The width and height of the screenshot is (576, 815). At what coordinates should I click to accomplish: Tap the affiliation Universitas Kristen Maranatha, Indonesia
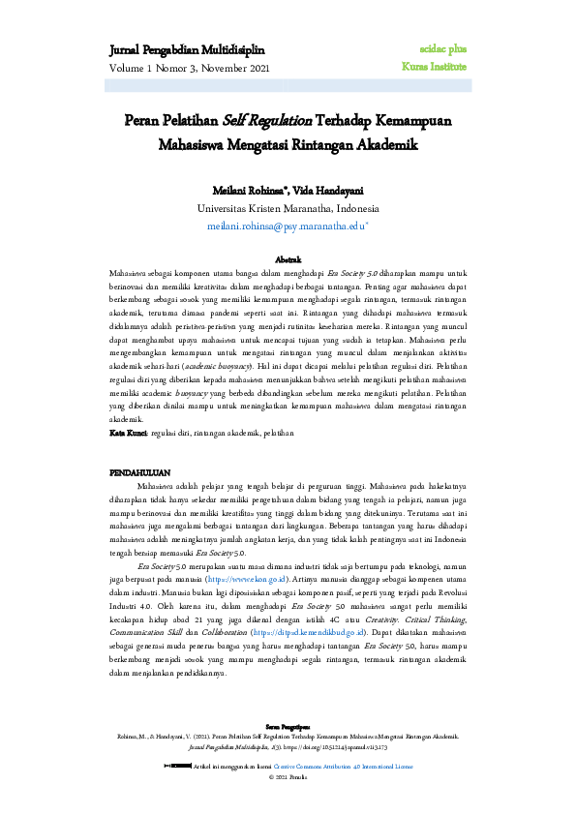[x=288, y=208]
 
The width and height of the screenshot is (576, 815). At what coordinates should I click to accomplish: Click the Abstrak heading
[x=288, y=261]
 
